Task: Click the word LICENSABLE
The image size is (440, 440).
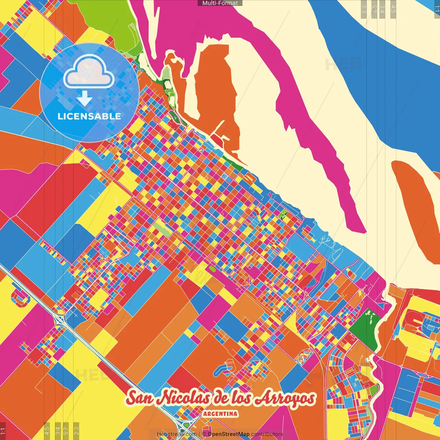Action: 89,116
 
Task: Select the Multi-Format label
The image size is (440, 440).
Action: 220,3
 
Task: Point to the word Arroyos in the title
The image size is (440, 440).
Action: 285,398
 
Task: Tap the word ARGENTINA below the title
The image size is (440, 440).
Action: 220,414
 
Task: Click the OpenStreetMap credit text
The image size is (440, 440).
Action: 229,434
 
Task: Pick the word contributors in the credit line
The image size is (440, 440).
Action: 267,434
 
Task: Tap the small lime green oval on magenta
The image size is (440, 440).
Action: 212,268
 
